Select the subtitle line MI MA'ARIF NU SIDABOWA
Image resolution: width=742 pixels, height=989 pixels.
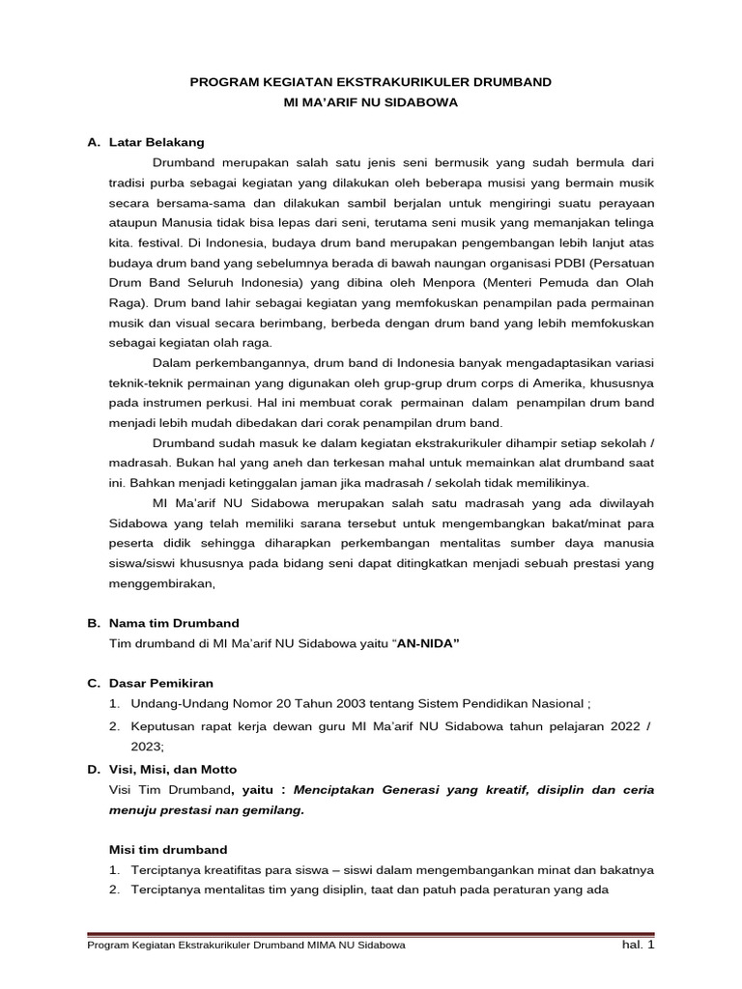coord(371,101)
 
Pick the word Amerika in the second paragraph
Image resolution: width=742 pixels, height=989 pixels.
coord(566,382)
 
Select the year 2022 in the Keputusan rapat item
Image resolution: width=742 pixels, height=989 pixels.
coord(616,724)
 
